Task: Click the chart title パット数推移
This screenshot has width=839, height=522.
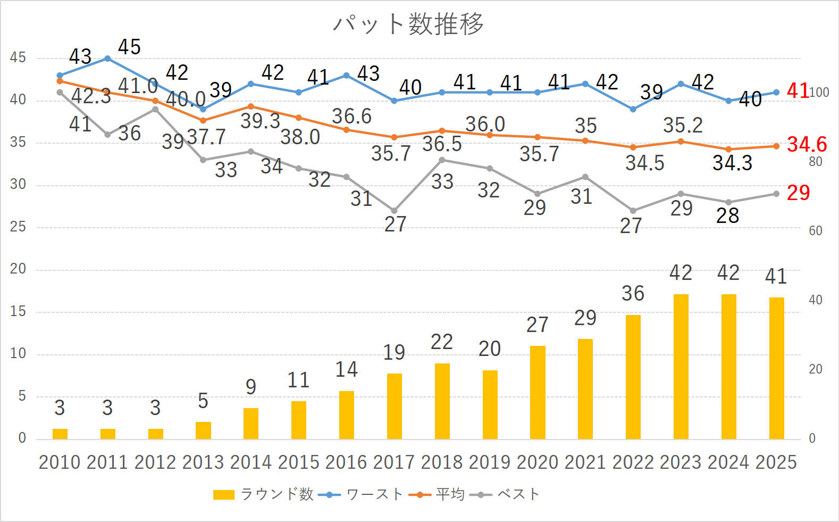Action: (408, 24)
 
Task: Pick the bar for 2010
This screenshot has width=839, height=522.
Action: (60, 434)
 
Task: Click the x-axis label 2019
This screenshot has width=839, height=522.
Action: (489, 462)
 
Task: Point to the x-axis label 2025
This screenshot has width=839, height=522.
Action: (776, 462)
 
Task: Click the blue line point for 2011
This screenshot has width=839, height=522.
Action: (107, 59)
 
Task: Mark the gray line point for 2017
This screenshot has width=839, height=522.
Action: (394, 211)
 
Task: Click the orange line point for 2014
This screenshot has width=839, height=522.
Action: (251, 106)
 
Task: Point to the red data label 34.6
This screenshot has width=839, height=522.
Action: (807, 144)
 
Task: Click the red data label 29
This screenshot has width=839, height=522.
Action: (798, 193)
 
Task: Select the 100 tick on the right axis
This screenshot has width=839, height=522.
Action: (819, 93)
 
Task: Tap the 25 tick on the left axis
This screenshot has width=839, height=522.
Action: (18, 227)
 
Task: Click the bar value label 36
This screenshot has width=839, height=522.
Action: (633, 294)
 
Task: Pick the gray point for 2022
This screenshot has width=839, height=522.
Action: (633, 211)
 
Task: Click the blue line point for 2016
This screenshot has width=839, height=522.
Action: (347, 76)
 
